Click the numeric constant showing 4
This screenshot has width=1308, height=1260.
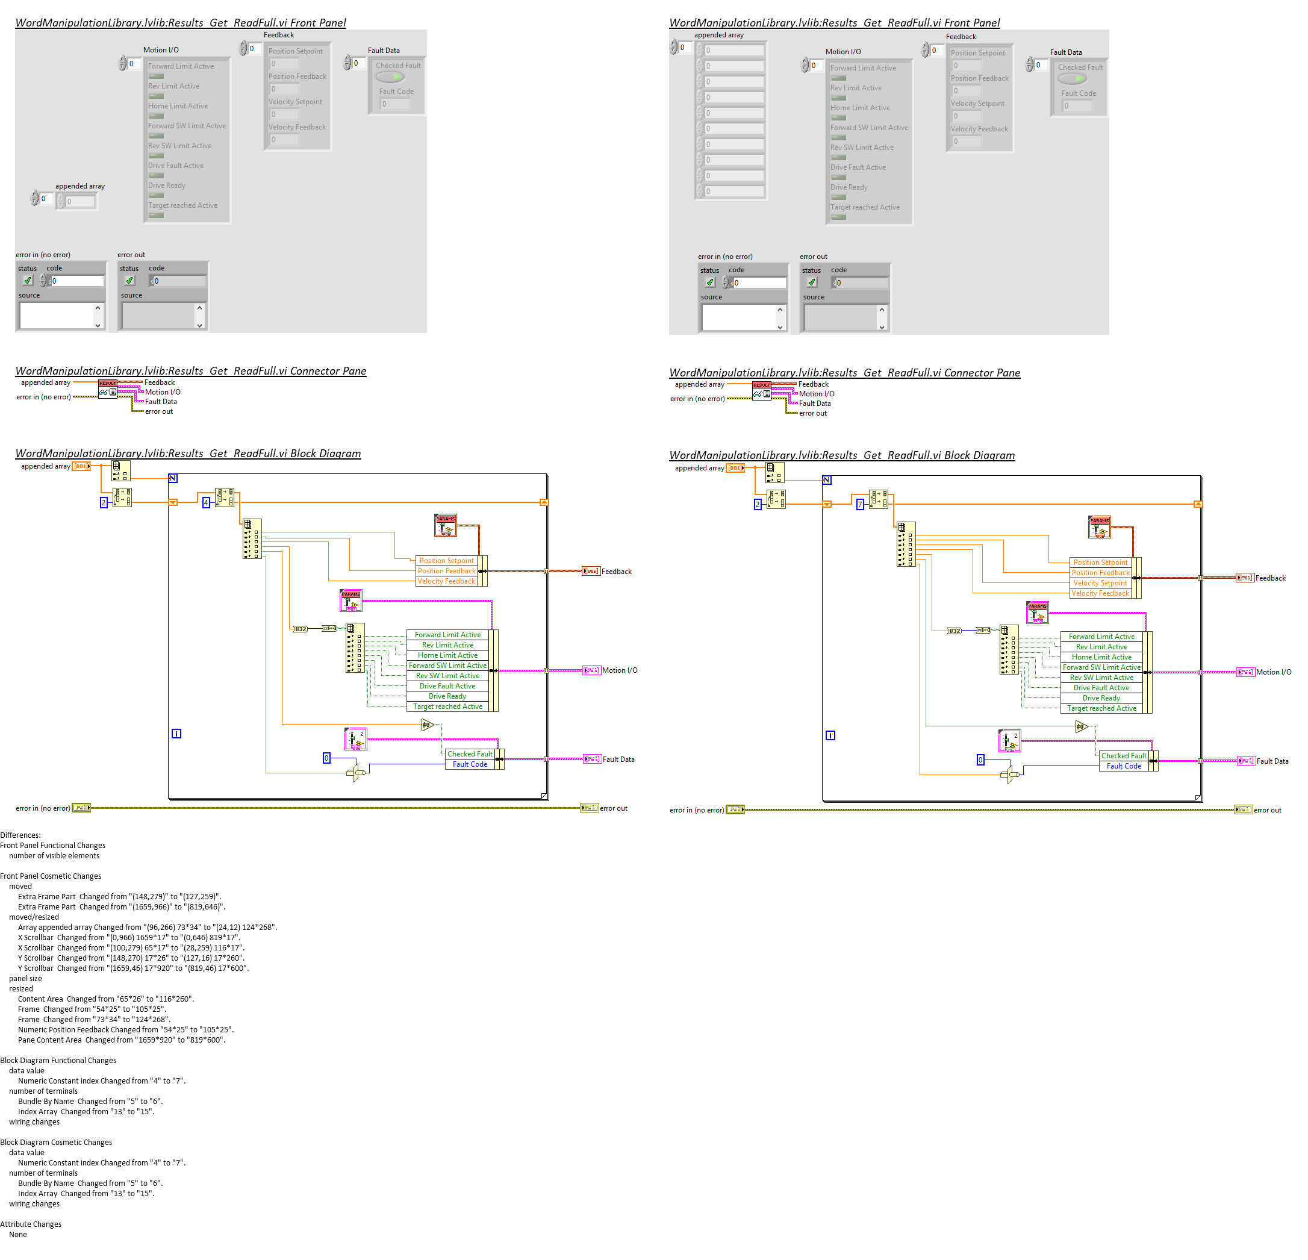pyautogui.click(x=206, y=502)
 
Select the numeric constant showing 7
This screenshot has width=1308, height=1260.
pyautogui.click(x=860, y=505)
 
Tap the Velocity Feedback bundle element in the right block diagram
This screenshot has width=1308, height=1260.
pyautogui.click(x=1100, y=593)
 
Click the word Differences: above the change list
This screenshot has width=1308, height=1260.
pyautogui.click(x=20, y=835)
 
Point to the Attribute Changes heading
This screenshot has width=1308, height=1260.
pyautogui.click(x=31, y=1224)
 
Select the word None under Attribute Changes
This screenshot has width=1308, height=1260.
pyautogui.click(x=18, y=1234)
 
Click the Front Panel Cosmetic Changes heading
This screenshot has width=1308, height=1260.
pyautogui.click(x=51, y=876)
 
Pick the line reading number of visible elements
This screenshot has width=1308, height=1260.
pyautogui.click(x=54, y=856)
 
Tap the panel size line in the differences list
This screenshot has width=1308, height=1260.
pyautogui.click(x=25, y=978)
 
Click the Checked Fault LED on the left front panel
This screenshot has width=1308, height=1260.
pyautogui.click(x=390, y=76)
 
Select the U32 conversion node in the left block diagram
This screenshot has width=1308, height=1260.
pyautogui.click(x=300, y=629)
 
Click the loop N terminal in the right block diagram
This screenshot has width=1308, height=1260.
pyautogui.click(x=827, y=480)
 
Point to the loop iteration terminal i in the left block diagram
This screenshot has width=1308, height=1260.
pyautogui.click(x=176, y=734)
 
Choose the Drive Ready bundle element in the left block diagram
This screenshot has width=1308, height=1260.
pyautogui.click(x=447, y=696)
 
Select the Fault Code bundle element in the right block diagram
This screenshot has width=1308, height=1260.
pyautogui.click(x=1124, y=766)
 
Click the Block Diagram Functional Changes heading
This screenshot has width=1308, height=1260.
pyautogui.click(x=58, y=1060)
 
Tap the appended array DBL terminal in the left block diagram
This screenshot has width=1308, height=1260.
pyautogui.click(x=81, y=467)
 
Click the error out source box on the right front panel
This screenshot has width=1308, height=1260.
pyautogui.click(x=840, y=317)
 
